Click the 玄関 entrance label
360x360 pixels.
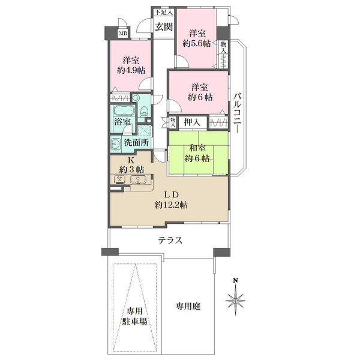tap(163, 26)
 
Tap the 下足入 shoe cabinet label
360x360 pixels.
tap(163, 11)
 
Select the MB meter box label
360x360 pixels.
tap(122, 34)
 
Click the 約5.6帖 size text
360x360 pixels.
tap(196, 43)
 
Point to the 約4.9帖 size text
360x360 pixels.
tap(131, 70)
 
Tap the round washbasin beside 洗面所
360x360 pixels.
tap(116, 143)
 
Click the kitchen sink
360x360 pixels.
tap(136, 179)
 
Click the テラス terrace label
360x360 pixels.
tap(170, 240)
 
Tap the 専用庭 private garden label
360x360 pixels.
tap(188, 307)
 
